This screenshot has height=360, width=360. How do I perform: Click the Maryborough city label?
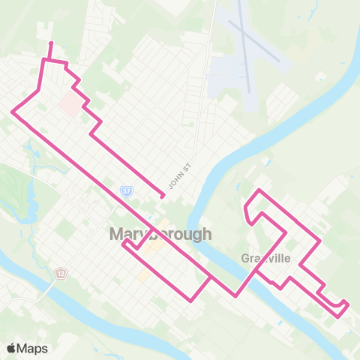pyautogui.click(x=160, y=234)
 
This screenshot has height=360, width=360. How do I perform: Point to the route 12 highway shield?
pyautogui.click(x=60, y=274)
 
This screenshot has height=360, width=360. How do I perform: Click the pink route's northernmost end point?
pyautogui.click(x=50, y=43)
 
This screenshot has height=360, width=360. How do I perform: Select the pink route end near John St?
pyautogui.click(x=163, y=196)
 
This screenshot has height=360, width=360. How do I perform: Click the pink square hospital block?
pyautogui.click(x=68, y=103)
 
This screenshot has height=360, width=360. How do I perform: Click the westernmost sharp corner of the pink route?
pyautogui.click(x=13, y=112)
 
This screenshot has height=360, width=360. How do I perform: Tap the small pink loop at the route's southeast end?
pyautogui.click(x=342, y=306)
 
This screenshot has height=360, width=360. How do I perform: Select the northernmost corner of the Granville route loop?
pyautogui.click(x=259, y=190)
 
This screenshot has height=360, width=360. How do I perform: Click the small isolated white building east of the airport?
pyautogui.click(x=320, y=76)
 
